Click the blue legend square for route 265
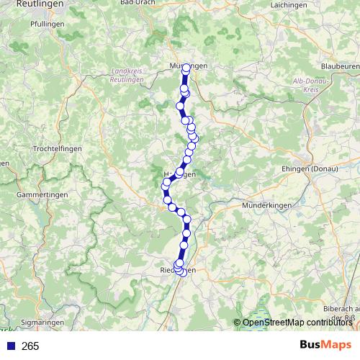click(9, 346)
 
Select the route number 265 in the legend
click(30, 346)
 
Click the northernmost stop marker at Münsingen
click(186, 68)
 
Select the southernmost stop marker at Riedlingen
click(182, 272)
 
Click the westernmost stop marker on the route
click(165, 191)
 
